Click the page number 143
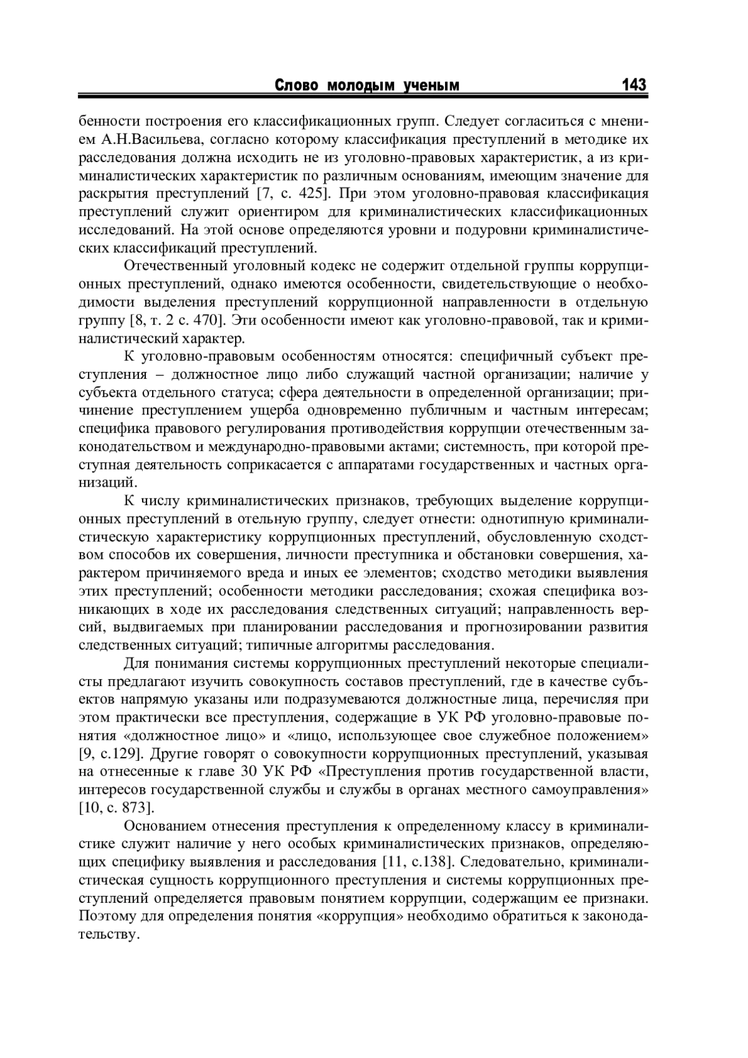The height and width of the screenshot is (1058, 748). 634,85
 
